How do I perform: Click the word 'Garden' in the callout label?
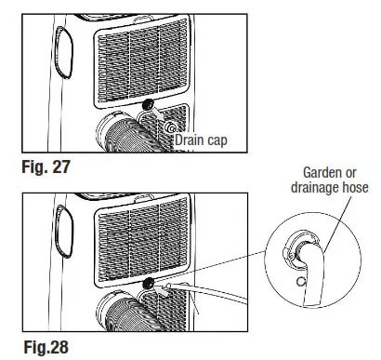[320, 173]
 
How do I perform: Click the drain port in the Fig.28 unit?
[146, 284]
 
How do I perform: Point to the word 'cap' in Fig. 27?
[216, 140]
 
